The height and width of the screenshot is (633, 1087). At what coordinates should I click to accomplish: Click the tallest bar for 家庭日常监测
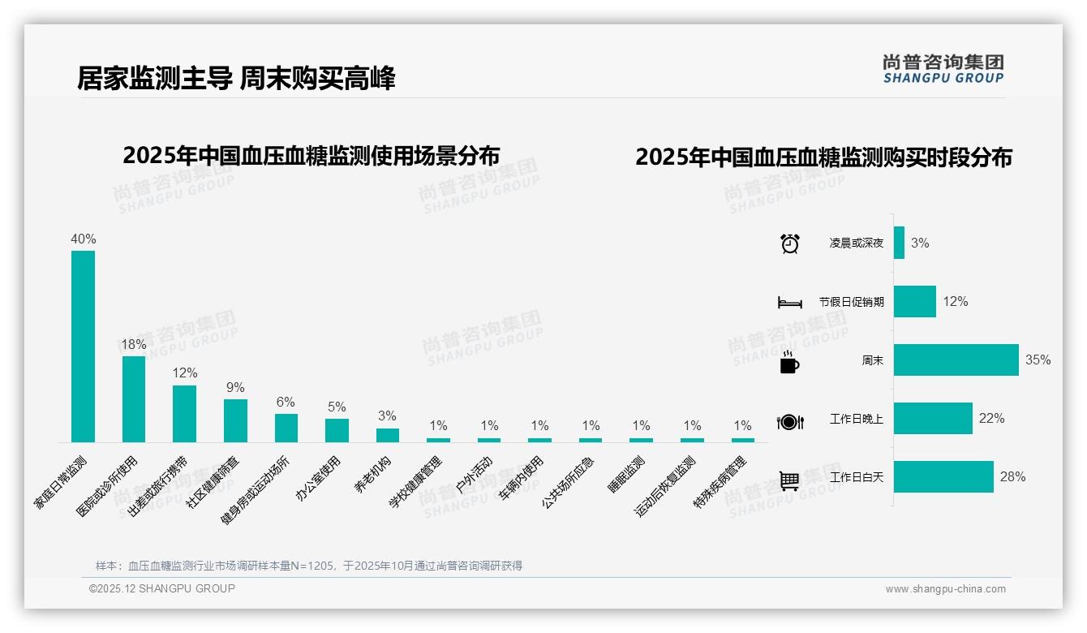(83, 347)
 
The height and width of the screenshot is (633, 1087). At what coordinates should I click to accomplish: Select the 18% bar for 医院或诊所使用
(134, 399)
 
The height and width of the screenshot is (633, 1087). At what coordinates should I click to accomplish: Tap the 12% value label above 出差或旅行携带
(185, 373)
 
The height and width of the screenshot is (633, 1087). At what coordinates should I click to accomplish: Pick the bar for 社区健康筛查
(235, 420)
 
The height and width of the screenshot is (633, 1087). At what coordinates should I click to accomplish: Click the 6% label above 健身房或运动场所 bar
(286, 403)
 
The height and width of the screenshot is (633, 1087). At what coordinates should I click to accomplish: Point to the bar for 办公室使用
(337, 430)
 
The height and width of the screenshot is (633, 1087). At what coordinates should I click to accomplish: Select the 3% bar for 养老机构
(388, 435)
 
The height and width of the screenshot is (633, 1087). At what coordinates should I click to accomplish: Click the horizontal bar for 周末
(956, 360)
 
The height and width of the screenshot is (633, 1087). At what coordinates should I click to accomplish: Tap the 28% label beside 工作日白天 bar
(1012, 477)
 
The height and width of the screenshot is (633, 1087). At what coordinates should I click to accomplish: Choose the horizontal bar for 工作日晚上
(933, 419)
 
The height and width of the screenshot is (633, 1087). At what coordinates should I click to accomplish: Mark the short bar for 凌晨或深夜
(899, 243)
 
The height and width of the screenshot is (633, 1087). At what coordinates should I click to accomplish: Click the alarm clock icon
(789, 243)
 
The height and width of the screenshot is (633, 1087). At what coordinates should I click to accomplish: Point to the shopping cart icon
(789, 481)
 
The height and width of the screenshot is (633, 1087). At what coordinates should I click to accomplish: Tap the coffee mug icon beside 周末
(789, 363)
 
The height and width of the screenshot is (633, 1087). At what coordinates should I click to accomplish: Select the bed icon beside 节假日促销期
(789, 303)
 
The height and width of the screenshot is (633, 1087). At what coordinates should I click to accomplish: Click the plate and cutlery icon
(789, 422)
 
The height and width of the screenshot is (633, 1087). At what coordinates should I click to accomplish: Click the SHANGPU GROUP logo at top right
(943, 69)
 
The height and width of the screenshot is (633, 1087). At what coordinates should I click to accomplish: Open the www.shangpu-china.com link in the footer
(945, 589)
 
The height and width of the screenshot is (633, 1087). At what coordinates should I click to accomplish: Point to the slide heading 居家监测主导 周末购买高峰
(236, 79)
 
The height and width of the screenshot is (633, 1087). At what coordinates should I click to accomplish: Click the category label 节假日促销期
(851, 302)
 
